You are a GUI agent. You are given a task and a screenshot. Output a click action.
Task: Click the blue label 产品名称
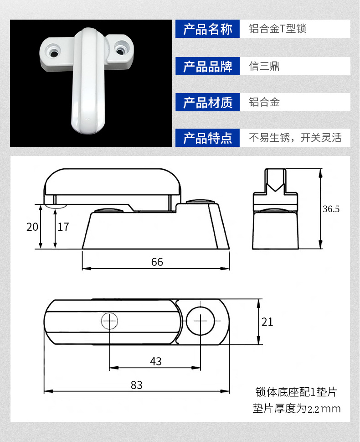(x=207, y=29)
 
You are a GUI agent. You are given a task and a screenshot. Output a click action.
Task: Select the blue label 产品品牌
(x=207, y=66)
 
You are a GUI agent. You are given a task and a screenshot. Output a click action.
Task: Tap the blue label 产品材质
(x=207, y=102)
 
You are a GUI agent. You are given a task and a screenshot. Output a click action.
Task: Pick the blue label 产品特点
(x=207, y=138)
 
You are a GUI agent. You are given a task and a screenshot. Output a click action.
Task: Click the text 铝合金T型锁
(x=278, y=29)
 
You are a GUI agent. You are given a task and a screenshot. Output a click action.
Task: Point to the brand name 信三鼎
(x=264, y=66)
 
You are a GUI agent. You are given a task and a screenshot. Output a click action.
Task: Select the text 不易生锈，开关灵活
(x=295, y=138)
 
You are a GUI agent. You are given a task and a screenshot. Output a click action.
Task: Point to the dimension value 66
(x=157, y=262)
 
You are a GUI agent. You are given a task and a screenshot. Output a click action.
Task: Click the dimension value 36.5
(x=331, y=209)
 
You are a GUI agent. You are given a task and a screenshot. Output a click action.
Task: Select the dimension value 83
(x=137, y=385)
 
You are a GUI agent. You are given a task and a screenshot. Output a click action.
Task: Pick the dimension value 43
(x=156, y=362)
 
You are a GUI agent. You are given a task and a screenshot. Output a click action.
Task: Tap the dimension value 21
(x=267, y=322)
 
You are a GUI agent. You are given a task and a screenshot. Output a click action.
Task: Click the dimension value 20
(x=32, y=227)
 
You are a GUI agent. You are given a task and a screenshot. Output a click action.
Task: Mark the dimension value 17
(x=63, y=227)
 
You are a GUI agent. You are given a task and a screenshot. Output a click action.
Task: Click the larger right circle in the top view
(x=201, y=321)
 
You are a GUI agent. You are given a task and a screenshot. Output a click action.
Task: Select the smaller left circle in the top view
(x=109, y=321)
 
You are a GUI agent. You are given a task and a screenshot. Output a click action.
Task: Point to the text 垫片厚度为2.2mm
(x=297, y=409)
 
